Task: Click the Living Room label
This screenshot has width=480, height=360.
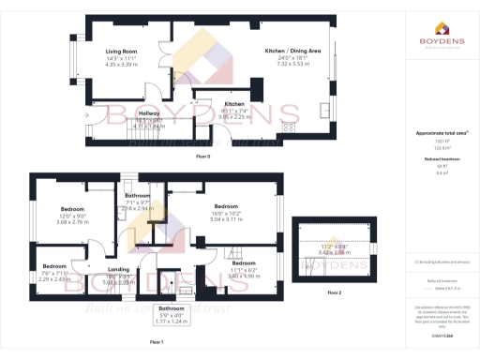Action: click(x=121, y=52)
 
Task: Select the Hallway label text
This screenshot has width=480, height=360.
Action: click(x=123, y=112)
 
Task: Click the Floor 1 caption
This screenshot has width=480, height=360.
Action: click(x=157, y=343)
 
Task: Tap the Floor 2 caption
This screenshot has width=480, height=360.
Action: click(x=335, y=294)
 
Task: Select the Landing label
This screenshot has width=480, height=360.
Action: click(x=118, y=270)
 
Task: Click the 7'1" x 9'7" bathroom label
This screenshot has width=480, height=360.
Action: click(x=138, y=202)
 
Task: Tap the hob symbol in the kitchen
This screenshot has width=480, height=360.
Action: click(x=289, y=125)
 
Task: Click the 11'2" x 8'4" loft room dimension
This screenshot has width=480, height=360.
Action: click(x=335, y=247)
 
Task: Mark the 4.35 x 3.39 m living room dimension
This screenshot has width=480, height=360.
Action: click(x=121, y=66)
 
